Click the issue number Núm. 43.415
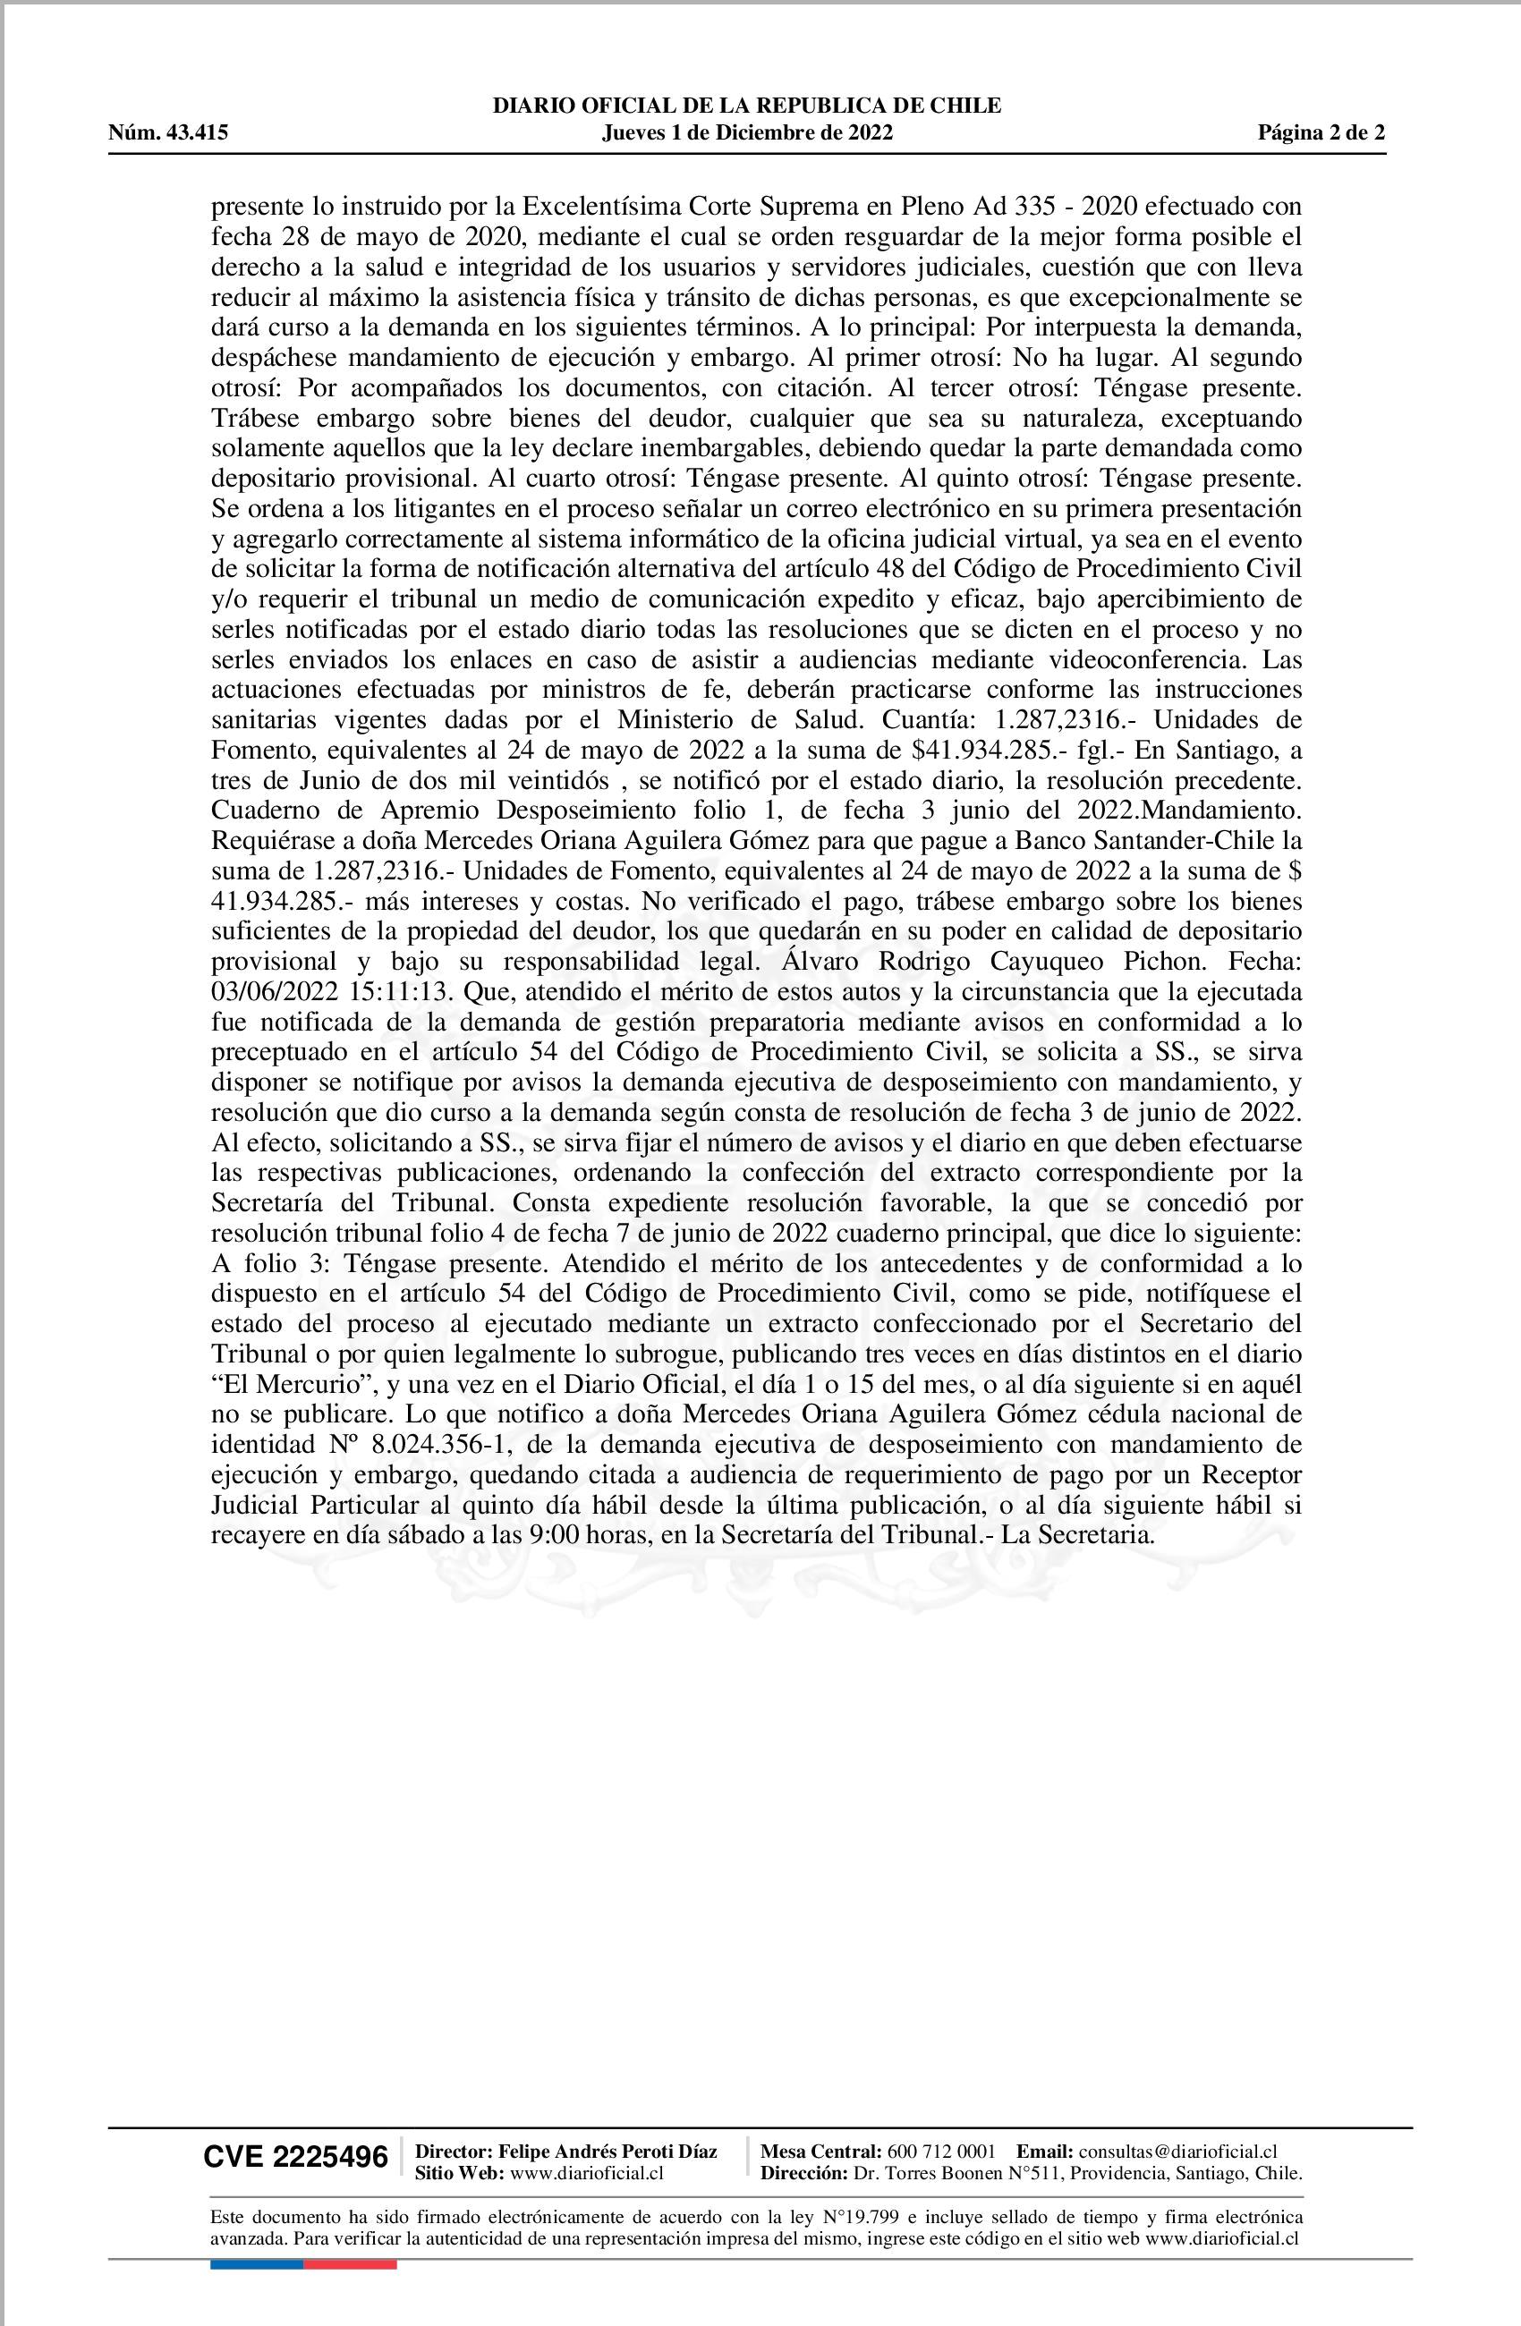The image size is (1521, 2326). coord(168,133)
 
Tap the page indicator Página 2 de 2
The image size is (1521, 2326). coord(1321,133)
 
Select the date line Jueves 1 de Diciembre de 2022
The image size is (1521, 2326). coord(747,133)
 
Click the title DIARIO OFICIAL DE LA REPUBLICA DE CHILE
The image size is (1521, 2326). coord(747,106)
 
